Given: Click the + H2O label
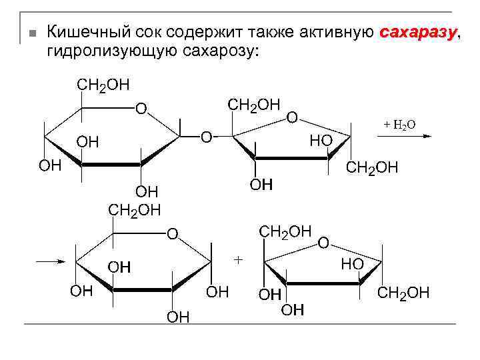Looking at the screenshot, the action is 399,125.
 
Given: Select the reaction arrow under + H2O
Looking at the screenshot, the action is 404,136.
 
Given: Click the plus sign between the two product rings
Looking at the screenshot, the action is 238,259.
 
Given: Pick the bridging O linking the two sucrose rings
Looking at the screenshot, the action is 207,137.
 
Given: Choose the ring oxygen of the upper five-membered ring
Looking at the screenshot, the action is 292,117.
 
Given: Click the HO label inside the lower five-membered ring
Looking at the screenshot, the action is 352,264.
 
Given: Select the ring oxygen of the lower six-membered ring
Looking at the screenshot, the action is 172,233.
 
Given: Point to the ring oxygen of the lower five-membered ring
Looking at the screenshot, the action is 323,243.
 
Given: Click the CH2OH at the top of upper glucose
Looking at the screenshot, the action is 103,85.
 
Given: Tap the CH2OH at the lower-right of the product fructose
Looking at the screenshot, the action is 404,293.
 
